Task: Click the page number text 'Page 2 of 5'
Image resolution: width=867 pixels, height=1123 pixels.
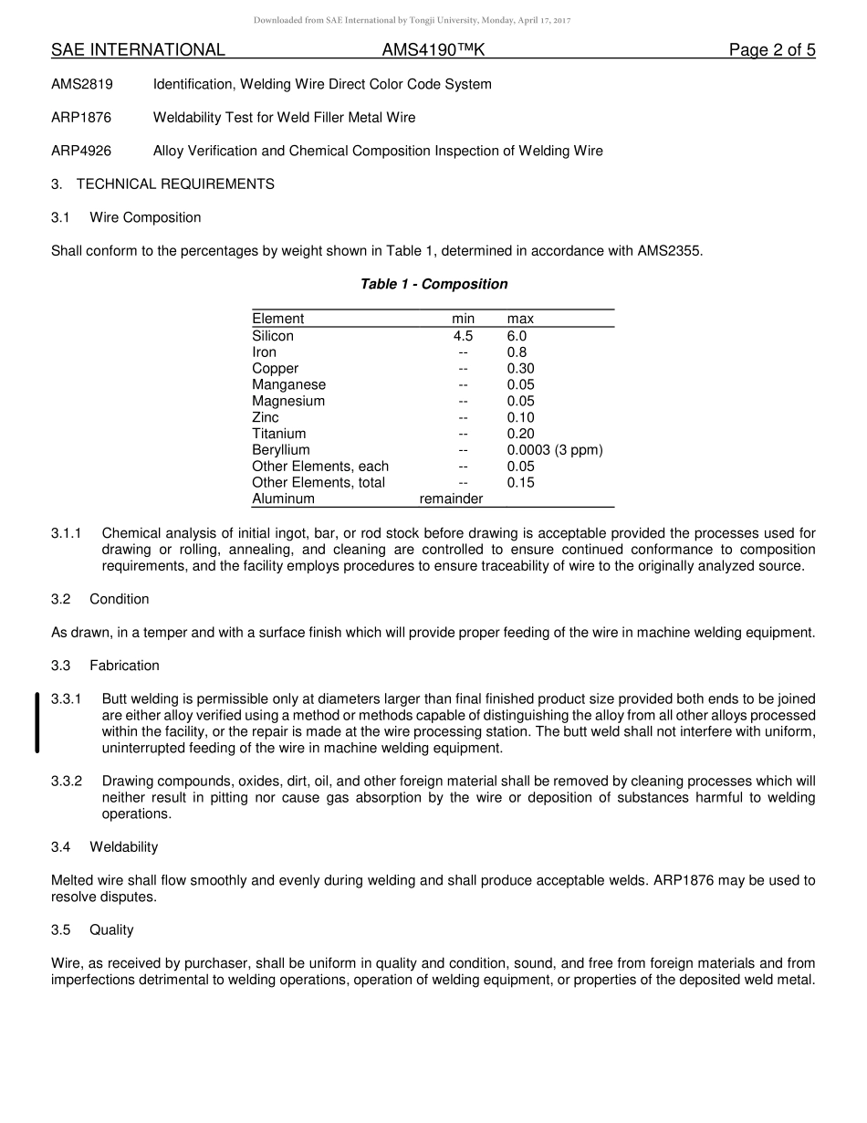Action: [x=771, y=50]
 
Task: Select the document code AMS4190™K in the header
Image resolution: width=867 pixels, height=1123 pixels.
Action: [x=433, y=50]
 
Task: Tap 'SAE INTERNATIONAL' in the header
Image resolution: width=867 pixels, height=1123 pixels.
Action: [x=138, y=50]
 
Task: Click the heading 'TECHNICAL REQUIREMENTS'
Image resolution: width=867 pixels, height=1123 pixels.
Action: [x=175, y=184]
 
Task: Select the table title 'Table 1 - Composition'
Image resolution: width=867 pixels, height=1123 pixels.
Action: [x=433, y=284]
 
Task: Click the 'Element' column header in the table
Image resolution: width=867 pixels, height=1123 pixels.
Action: [x=278, y=319]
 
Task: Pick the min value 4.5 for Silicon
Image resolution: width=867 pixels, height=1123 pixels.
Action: [x=463, y=336]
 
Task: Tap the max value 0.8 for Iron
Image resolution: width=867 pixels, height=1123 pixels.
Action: [x=517, y=352]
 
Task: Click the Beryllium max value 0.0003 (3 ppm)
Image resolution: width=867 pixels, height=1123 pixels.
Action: [x=555, y=450]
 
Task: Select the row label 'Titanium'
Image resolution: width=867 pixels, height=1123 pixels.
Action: [x=279, y=434]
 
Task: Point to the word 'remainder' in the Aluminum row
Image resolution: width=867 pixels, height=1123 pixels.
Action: [x=451, y=499]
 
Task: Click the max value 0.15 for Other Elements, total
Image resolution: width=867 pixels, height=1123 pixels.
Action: [x=520, y=482]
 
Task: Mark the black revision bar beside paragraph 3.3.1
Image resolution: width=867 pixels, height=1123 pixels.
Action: [x=37, y=723]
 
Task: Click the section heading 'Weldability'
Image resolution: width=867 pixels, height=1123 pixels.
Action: [x=123, y=847]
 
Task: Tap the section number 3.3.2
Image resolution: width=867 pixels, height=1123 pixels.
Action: [x=67, y=782]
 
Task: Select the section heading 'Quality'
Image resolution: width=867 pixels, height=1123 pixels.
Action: [x=111, y=929]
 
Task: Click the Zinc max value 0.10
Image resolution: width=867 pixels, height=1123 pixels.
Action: [x=520, y=417]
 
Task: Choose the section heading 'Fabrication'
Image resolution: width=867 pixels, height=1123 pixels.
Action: [x=124, y=666]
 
